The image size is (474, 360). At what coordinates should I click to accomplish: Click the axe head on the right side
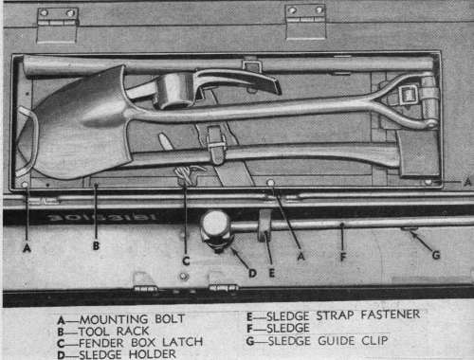tap(416, 153)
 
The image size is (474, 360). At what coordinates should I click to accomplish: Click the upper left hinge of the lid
tap(57, 26)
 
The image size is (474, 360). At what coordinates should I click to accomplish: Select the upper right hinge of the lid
tap(305, 22)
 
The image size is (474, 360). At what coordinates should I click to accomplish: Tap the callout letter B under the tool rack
tap(96, 245)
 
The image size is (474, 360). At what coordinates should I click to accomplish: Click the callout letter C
tap(186, 261)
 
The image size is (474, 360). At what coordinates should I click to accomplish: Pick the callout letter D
tap(252, 274)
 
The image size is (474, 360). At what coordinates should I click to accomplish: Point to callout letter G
tap(436, 255)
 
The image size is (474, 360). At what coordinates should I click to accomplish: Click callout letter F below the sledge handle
tap(343, 257)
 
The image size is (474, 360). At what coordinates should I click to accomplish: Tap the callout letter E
tap(271, 273)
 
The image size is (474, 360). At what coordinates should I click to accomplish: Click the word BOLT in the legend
tap(170, 319)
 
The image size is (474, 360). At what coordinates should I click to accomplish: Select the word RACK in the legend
tap(133, 331)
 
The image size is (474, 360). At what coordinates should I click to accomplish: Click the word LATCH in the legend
tap(182, 342)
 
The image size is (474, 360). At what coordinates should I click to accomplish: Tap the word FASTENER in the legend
tap(391, 315)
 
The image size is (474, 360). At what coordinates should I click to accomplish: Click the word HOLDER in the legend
tap(153, 354)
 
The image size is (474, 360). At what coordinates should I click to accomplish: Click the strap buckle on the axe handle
tap(215, 146)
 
